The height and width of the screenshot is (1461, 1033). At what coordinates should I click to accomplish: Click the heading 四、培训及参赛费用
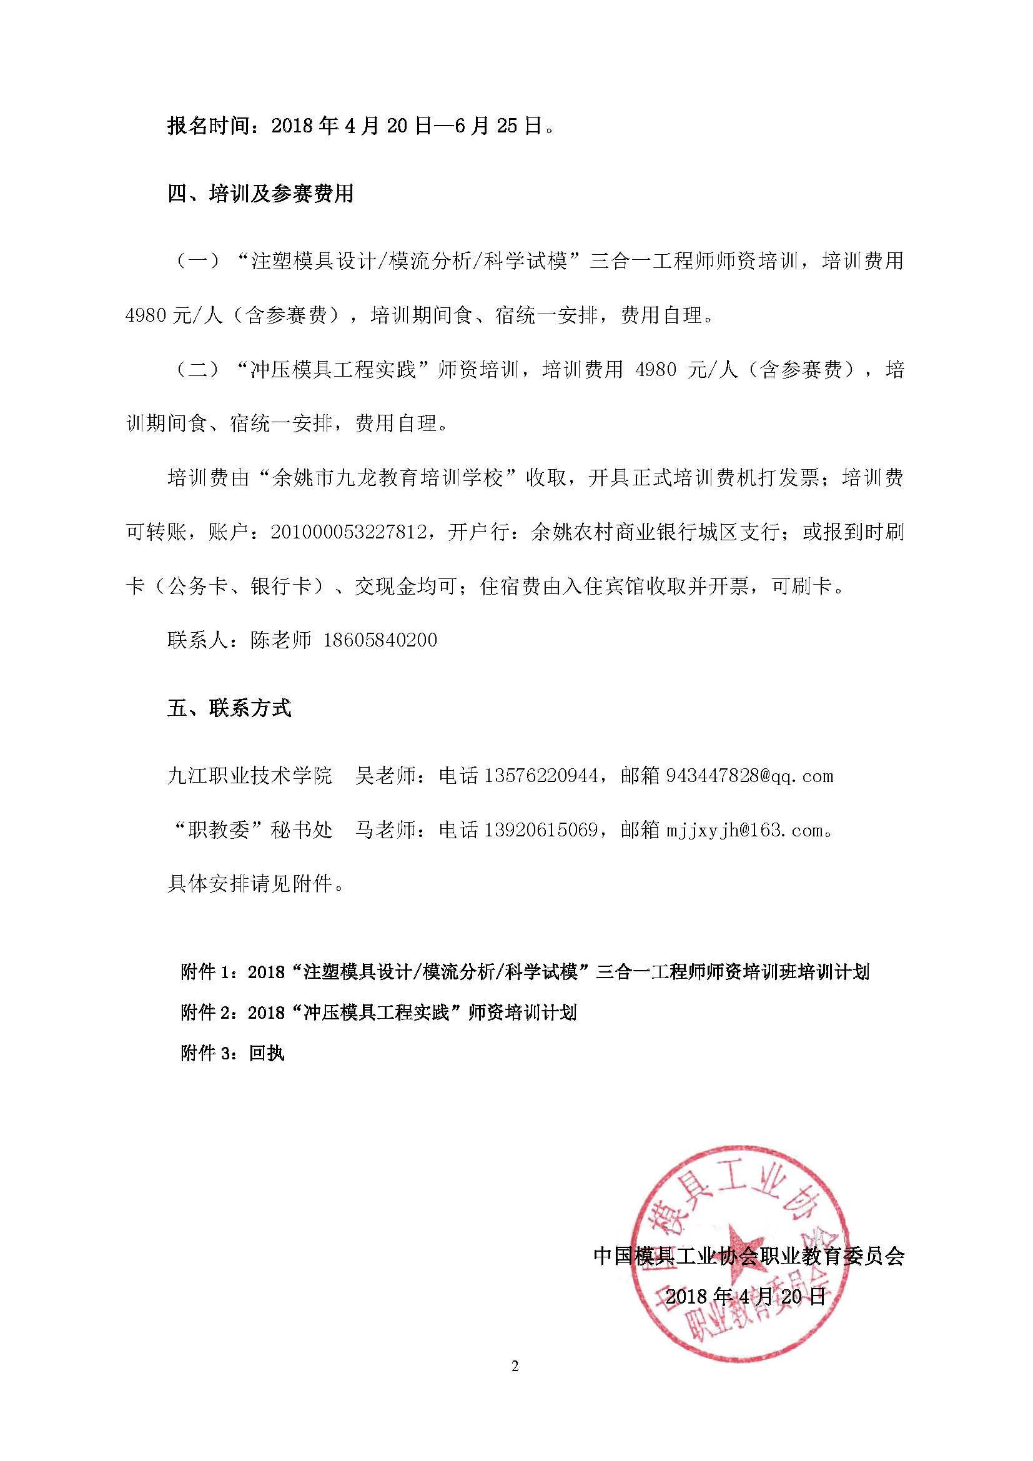[x=260, y=194]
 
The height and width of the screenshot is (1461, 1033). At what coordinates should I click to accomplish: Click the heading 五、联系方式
[x=229, y=708]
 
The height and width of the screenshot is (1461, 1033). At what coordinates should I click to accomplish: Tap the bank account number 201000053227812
[x=348, y=532]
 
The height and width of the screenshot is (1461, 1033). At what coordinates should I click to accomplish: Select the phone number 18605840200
[x=380, y=640]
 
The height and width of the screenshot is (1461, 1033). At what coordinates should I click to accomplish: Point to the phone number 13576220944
[x=541, y=776]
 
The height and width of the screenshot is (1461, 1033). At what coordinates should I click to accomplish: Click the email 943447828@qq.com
[x=749, y=776]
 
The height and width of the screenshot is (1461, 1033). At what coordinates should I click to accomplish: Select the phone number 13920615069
[x=541, y=830]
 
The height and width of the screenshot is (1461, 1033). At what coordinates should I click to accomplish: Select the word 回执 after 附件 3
[x=267, y=1053]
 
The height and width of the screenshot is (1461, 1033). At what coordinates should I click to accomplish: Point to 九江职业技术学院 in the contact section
[x=249, y=776]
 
